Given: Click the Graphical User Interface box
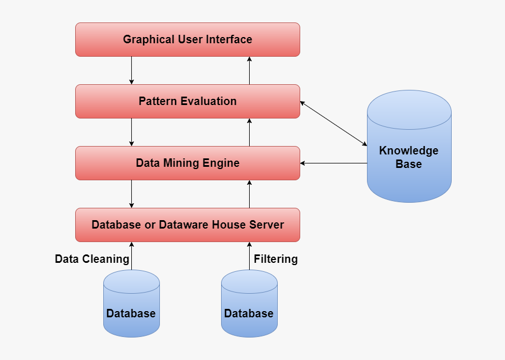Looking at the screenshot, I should [x=187, y=39].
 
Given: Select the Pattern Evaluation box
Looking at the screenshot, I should [x=187, y=101].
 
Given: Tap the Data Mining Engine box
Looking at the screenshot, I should [x=187, y=163].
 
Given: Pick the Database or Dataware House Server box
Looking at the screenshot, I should [x=187, y=225].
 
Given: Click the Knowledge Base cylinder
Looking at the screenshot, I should [x=409, y=168].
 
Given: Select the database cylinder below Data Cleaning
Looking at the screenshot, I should [x=131, y=306].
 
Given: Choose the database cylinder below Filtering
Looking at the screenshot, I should [x=249, y=306].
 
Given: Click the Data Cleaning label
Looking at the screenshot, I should [x=92, y=259].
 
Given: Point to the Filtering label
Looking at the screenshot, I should [x=276, y=259].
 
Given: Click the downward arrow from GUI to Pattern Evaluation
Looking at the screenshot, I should [x=131, y=70].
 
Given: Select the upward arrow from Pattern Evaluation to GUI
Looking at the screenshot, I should [x=249, y=70].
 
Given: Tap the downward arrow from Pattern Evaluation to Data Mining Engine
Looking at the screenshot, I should [x=131, y=132].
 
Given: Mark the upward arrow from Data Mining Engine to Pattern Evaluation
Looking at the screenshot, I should [x=249, y=132].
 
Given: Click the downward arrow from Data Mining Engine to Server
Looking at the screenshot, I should [x=131, y=194].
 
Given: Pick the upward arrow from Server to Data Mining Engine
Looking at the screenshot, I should [x=249, y=194].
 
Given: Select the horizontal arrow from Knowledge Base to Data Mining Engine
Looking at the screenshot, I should [x=333, y=163].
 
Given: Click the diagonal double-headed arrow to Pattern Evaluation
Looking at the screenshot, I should [x=333, y=124].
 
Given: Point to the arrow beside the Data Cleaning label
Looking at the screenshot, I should [x=131, y=256].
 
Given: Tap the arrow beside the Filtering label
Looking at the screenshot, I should [x=249, y=256].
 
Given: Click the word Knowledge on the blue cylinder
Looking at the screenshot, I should [x=408, y=151].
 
